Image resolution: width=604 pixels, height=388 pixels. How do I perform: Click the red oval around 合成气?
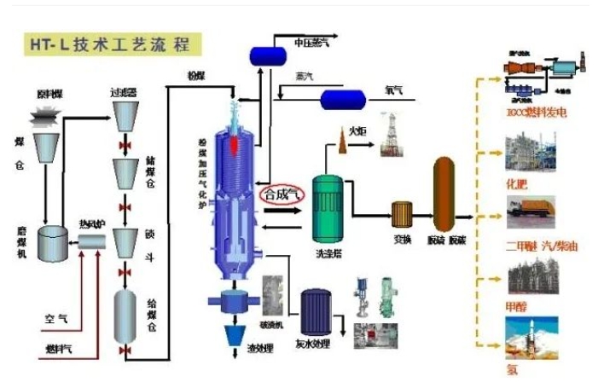click(x=283, y=194)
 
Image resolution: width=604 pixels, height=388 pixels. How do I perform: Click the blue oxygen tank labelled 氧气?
click(x=342, y=100)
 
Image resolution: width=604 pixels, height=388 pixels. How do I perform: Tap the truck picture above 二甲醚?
click(x=531, y=214)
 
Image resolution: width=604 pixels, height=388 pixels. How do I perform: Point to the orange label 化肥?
click(x=516, y=183)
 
